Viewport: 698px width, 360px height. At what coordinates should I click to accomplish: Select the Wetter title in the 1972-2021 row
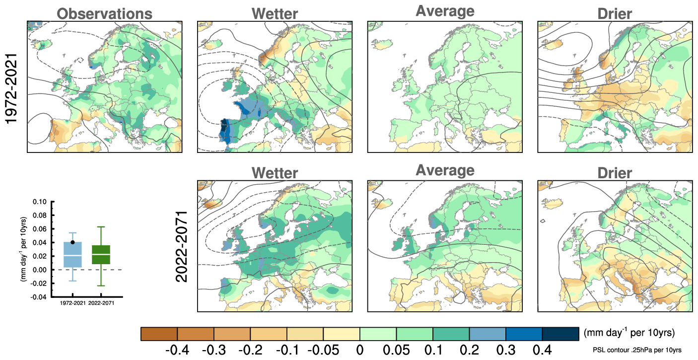(274, 13)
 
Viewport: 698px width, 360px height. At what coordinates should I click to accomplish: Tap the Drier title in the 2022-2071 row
(615, 173)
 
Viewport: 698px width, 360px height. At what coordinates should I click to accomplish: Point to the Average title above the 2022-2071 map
(444, 170)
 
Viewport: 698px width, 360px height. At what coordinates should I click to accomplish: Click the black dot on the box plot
(72, 242)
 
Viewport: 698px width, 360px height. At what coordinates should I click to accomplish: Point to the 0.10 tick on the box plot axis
(39, 202)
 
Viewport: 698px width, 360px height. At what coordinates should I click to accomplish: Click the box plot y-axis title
(23, 248)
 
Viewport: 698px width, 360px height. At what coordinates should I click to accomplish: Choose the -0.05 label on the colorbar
(323, 350)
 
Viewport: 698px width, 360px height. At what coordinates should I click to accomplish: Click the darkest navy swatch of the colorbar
(560, 334)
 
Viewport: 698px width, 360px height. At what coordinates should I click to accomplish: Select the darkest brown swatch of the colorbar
(159, 334)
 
